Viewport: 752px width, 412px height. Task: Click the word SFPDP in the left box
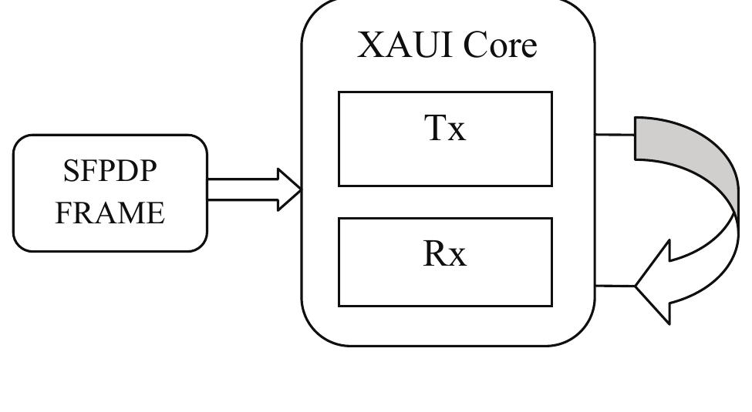[x=110, y=172]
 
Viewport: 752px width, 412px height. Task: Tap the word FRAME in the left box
[x=110, y=213]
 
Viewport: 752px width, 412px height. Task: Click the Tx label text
[x=445, y=129]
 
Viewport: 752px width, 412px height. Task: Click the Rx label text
[x=445, y=254]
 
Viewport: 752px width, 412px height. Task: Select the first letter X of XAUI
[x=371, y=45]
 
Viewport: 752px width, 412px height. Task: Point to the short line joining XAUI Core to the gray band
[x=614, y=134]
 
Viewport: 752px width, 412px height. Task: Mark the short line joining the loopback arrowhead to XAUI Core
[x=615, y=286]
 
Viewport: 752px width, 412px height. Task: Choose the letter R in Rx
[x=434, y=254]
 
